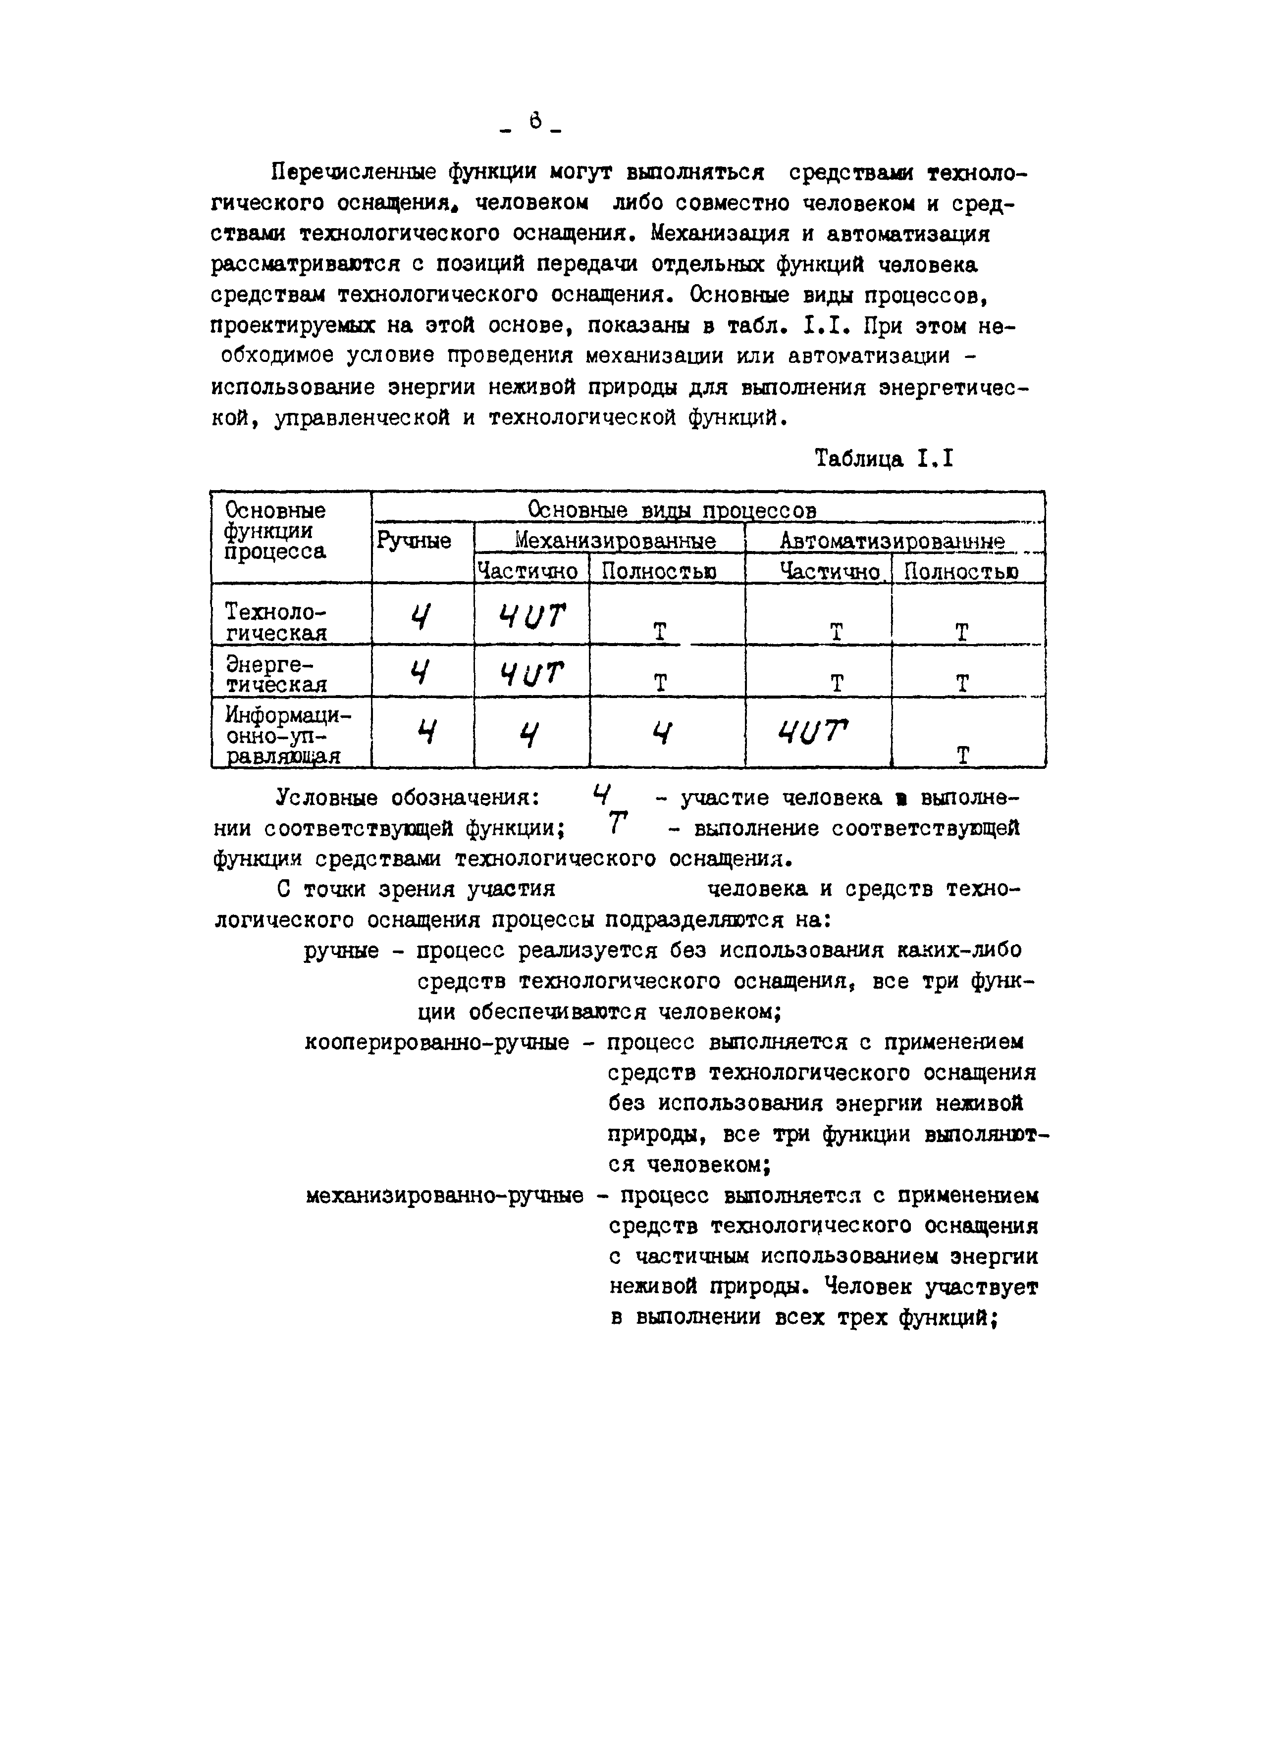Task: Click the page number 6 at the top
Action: pos(535,122)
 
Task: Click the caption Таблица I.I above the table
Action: pos(884,459)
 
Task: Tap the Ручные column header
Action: pos(414,540)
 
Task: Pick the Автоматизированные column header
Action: pos(891,541)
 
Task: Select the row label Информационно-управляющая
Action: pos(287,734)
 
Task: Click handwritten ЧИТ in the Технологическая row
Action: pos(531,617)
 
